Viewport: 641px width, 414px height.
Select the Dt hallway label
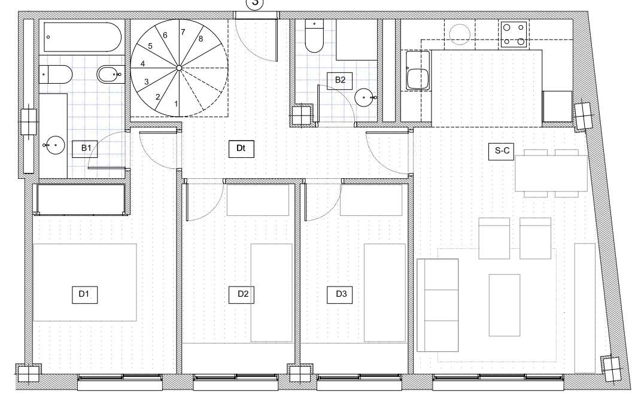(x=241, y=149)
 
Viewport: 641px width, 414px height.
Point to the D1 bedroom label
(x=84, y=294)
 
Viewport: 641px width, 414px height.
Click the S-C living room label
(x=502, y=151)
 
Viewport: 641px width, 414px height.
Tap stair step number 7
(x=183, y=32)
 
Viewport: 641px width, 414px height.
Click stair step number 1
(x=176, y=104)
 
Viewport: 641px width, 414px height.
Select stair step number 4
(x=142, y=64)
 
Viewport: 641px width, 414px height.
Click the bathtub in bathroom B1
(x=83, y=37)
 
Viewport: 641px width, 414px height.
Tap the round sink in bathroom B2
(x=364, y=98)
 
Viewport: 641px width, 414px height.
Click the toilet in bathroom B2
(x=314, y=35)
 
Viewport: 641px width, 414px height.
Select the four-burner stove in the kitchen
(x=514, y=34)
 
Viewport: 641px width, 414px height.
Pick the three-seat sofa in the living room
(x=438, y=305)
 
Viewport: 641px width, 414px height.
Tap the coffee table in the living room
(x=505, y=305)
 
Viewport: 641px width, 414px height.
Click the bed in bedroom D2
(x=272, y=293)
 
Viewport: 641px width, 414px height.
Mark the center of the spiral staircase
(x=179, y=68)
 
